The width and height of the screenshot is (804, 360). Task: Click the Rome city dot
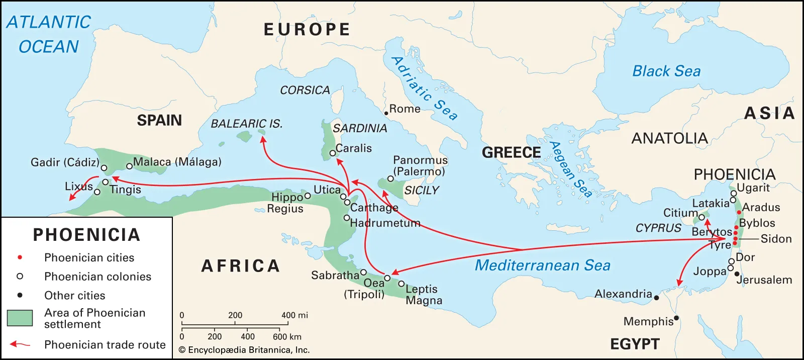(x=386, y=114)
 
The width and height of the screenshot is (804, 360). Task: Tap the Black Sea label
(x=666, y=71)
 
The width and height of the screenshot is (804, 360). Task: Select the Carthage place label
(x=374, y=208)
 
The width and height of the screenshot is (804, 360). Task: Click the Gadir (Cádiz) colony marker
(x=104, y=168)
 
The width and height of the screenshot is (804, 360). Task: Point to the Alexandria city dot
(x=656, y=298)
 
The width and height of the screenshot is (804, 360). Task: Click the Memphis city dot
(x=676, y=318)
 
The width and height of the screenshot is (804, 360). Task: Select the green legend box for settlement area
(x=20, y=318)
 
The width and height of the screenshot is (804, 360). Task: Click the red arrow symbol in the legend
(x=20, y=344)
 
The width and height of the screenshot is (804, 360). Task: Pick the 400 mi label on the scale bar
(x=294, y=315)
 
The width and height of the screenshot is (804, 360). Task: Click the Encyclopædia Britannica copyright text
(x=244, y=350)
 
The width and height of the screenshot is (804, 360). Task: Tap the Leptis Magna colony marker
(x=401, y=284)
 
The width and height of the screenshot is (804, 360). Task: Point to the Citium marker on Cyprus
(x=701, y=217)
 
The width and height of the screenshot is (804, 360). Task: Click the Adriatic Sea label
(x=425, y=89)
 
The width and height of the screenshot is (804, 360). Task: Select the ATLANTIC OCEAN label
(x=49, y=34)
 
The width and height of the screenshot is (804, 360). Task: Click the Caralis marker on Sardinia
(x=332, y=153)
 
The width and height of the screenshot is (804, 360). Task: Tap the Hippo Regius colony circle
(x=308, y=196)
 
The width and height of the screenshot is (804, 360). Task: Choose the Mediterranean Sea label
(x=542, y=265)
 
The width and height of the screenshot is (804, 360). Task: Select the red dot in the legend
(x=20, y=257)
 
